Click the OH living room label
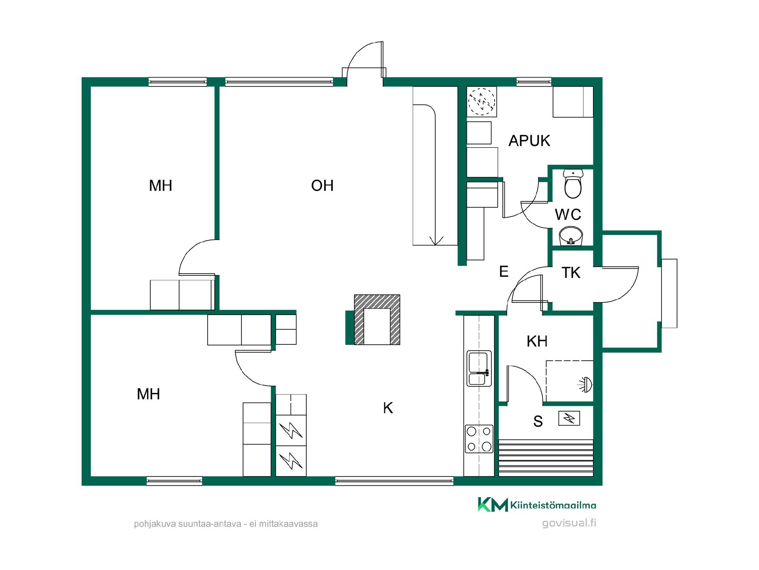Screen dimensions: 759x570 [322, 186]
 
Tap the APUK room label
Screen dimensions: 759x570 [529, 141]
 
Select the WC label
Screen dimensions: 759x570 [568, 215]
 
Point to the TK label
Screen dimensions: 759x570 [571, 273]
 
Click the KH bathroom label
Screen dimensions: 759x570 [537, 341]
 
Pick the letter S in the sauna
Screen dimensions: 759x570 [538, 422]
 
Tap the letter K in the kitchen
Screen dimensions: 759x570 [388, 408]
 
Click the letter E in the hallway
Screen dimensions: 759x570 [504, 272]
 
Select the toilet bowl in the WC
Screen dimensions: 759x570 [573, 184]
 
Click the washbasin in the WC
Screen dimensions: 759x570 [571, 236]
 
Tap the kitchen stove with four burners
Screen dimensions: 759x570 [479, 439]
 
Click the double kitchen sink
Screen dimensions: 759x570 [479, 369]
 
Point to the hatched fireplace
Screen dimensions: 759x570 [377, 320]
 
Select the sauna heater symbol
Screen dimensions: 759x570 [569, 418]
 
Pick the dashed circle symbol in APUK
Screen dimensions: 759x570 [481, 102]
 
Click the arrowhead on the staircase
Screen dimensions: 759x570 [435, 241]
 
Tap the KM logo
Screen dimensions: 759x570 [493, 505]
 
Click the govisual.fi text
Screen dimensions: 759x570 [569, 523]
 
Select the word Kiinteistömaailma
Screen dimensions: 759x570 [553, 505]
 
